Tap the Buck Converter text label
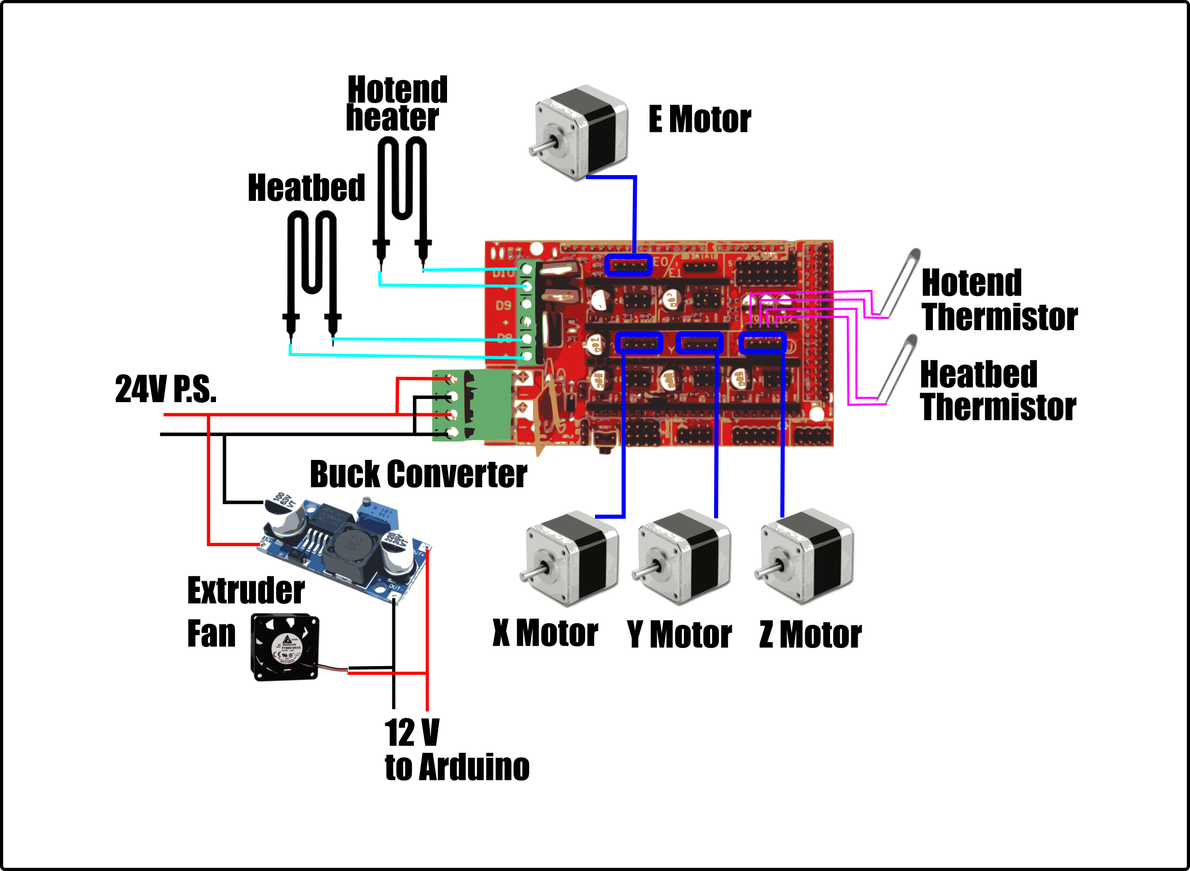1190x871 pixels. point(418,474)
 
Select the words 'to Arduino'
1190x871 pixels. point(457,767)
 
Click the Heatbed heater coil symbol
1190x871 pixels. point(311,274)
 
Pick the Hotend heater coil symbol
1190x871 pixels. point(402,200)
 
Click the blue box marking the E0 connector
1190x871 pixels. point(628,265)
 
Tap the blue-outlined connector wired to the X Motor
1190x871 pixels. point(639,343)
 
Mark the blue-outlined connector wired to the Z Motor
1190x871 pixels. point(762,343)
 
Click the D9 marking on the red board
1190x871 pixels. point(503,306)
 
